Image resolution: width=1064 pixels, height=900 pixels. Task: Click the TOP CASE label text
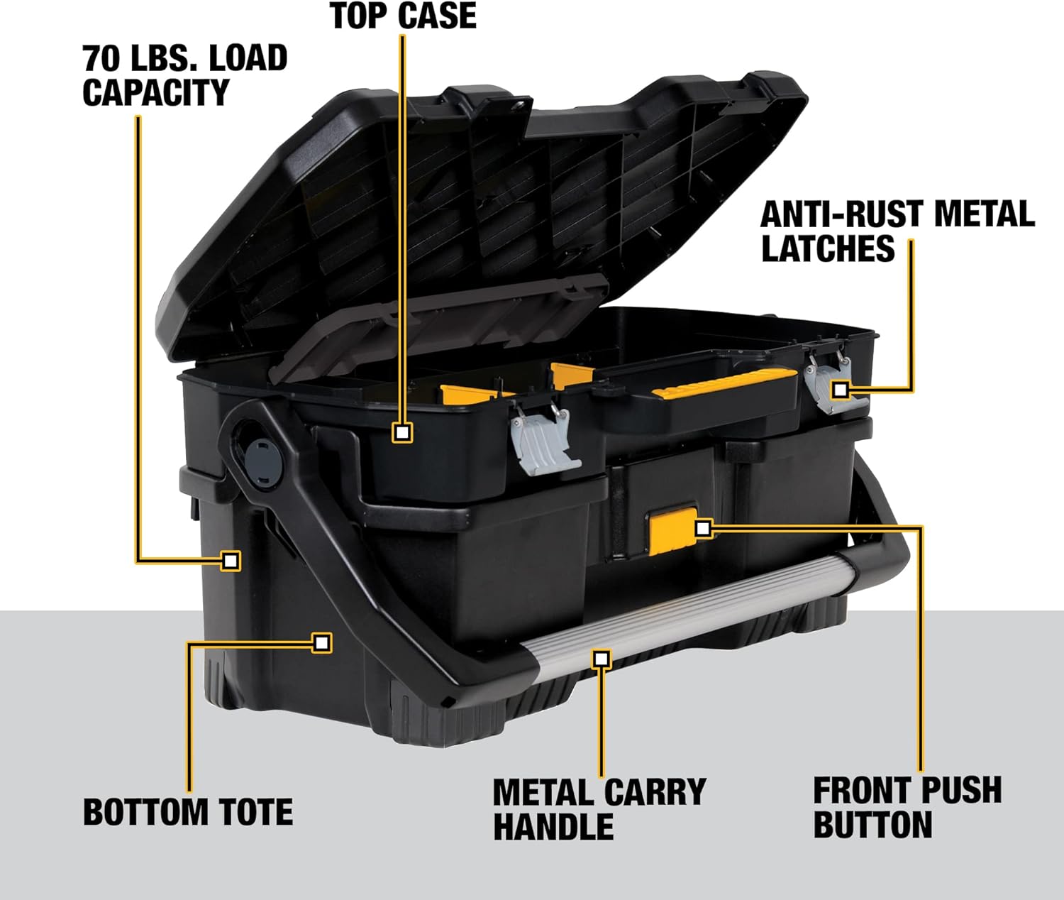(x=403, y=16)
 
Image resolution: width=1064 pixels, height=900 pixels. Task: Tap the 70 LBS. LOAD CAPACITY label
(x=184, y=75)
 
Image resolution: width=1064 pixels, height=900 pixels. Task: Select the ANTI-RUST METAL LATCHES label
(x=897, y=231)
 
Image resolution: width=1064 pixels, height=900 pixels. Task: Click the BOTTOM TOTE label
(x=188, y=812)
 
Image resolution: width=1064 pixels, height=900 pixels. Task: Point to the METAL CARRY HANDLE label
(x=599, y=809)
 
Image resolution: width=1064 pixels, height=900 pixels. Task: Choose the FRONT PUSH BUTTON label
(x=907, y=808)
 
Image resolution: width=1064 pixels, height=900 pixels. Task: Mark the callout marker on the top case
(x=403, y=432)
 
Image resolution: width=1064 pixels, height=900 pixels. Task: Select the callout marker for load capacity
(x=230, y=561)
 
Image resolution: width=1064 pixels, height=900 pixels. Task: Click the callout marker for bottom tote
(x=322, y=643)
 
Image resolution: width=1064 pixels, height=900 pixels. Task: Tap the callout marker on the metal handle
(x=602, y=659)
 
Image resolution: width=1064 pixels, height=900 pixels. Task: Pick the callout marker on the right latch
(x=841, y=390)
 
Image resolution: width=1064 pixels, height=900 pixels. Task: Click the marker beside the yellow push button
(x=703, y=528)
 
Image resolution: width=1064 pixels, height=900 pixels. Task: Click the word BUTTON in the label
(x=872, y=825)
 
